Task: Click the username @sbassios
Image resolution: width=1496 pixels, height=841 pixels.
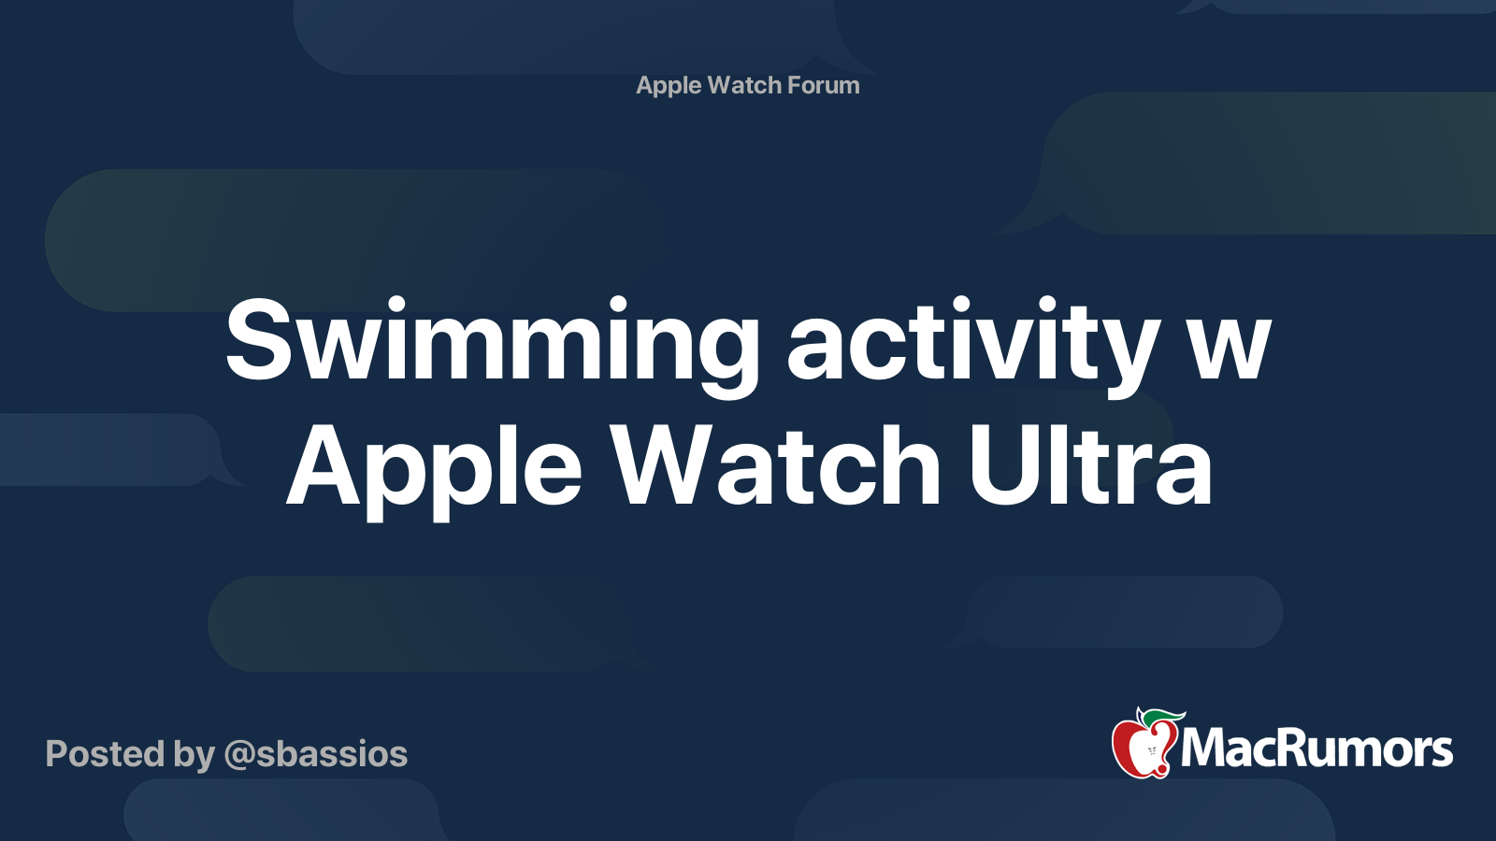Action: click(x=316, y=755)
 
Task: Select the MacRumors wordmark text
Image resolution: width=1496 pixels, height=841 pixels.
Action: click(x=1316, y=748)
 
